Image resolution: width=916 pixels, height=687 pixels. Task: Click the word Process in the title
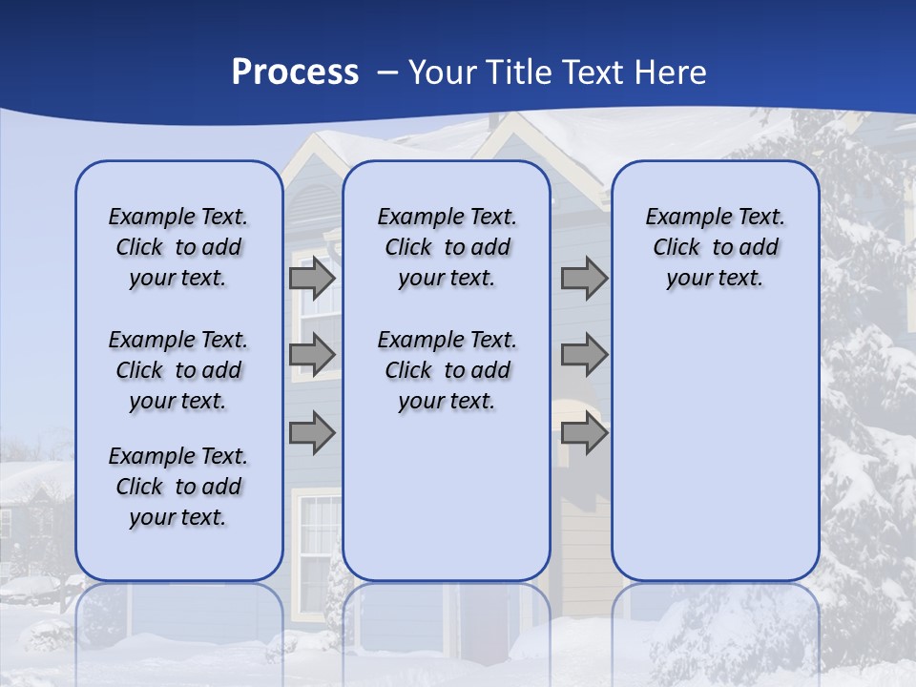[x=295, y=73]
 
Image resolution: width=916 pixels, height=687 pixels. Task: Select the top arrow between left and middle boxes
[x=312, y=279]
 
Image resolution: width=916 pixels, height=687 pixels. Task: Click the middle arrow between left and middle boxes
[x=312, y=355]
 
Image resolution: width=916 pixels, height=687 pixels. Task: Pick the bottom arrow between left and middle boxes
[x=312, y=433]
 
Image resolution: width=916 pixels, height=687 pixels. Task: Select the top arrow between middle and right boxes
[x=584, y=279]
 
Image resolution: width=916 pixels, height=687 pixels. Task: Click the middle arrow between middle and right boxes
[x=584, y=355]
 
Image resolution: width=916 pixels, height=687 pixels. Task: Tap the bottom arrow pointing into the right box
[x=584, y=433]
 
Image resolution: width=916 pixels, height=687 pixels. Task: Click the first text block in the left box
[x=178, y=247]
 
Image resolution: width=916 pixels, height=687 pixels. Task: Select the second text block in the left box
[x=178, y=370]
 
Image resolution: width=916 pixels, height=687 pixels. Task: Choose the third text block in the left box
[x=178, y=487]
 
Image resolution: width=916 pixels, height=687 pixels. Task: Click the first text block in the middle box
[x=447, y=247]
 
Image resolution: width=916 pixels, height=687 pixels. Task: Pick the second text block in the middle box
[x=447, y=370]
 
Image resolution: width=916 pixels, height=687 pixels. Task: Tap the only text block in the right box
[x=715, y=247]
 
